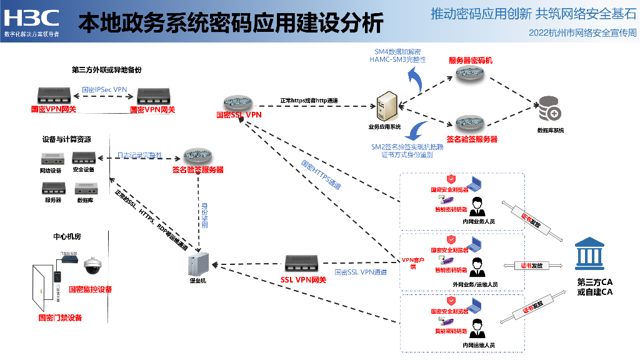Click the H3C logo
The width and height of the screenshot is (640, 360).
31,17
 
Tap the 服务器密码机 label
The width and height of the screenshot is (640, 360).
471,61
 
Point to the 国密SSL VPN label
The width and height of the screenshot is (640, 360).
239,115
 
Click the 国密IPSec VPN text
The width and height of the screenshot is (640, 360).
104,90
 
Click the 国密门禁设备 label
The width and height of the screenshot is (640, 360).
59,317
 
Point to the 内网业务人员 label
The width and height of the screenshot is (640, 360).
479,221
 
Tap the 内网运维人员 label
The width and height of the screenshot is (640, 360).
479,345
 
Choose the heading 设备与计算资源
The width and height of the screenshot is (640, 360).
66,139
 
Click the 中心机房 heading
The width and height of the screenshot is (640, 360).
67,237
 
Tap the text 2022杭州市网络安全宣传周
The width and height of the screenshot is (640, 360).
582,32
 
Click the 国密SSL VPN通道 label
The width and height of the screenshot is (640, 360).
361,272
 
